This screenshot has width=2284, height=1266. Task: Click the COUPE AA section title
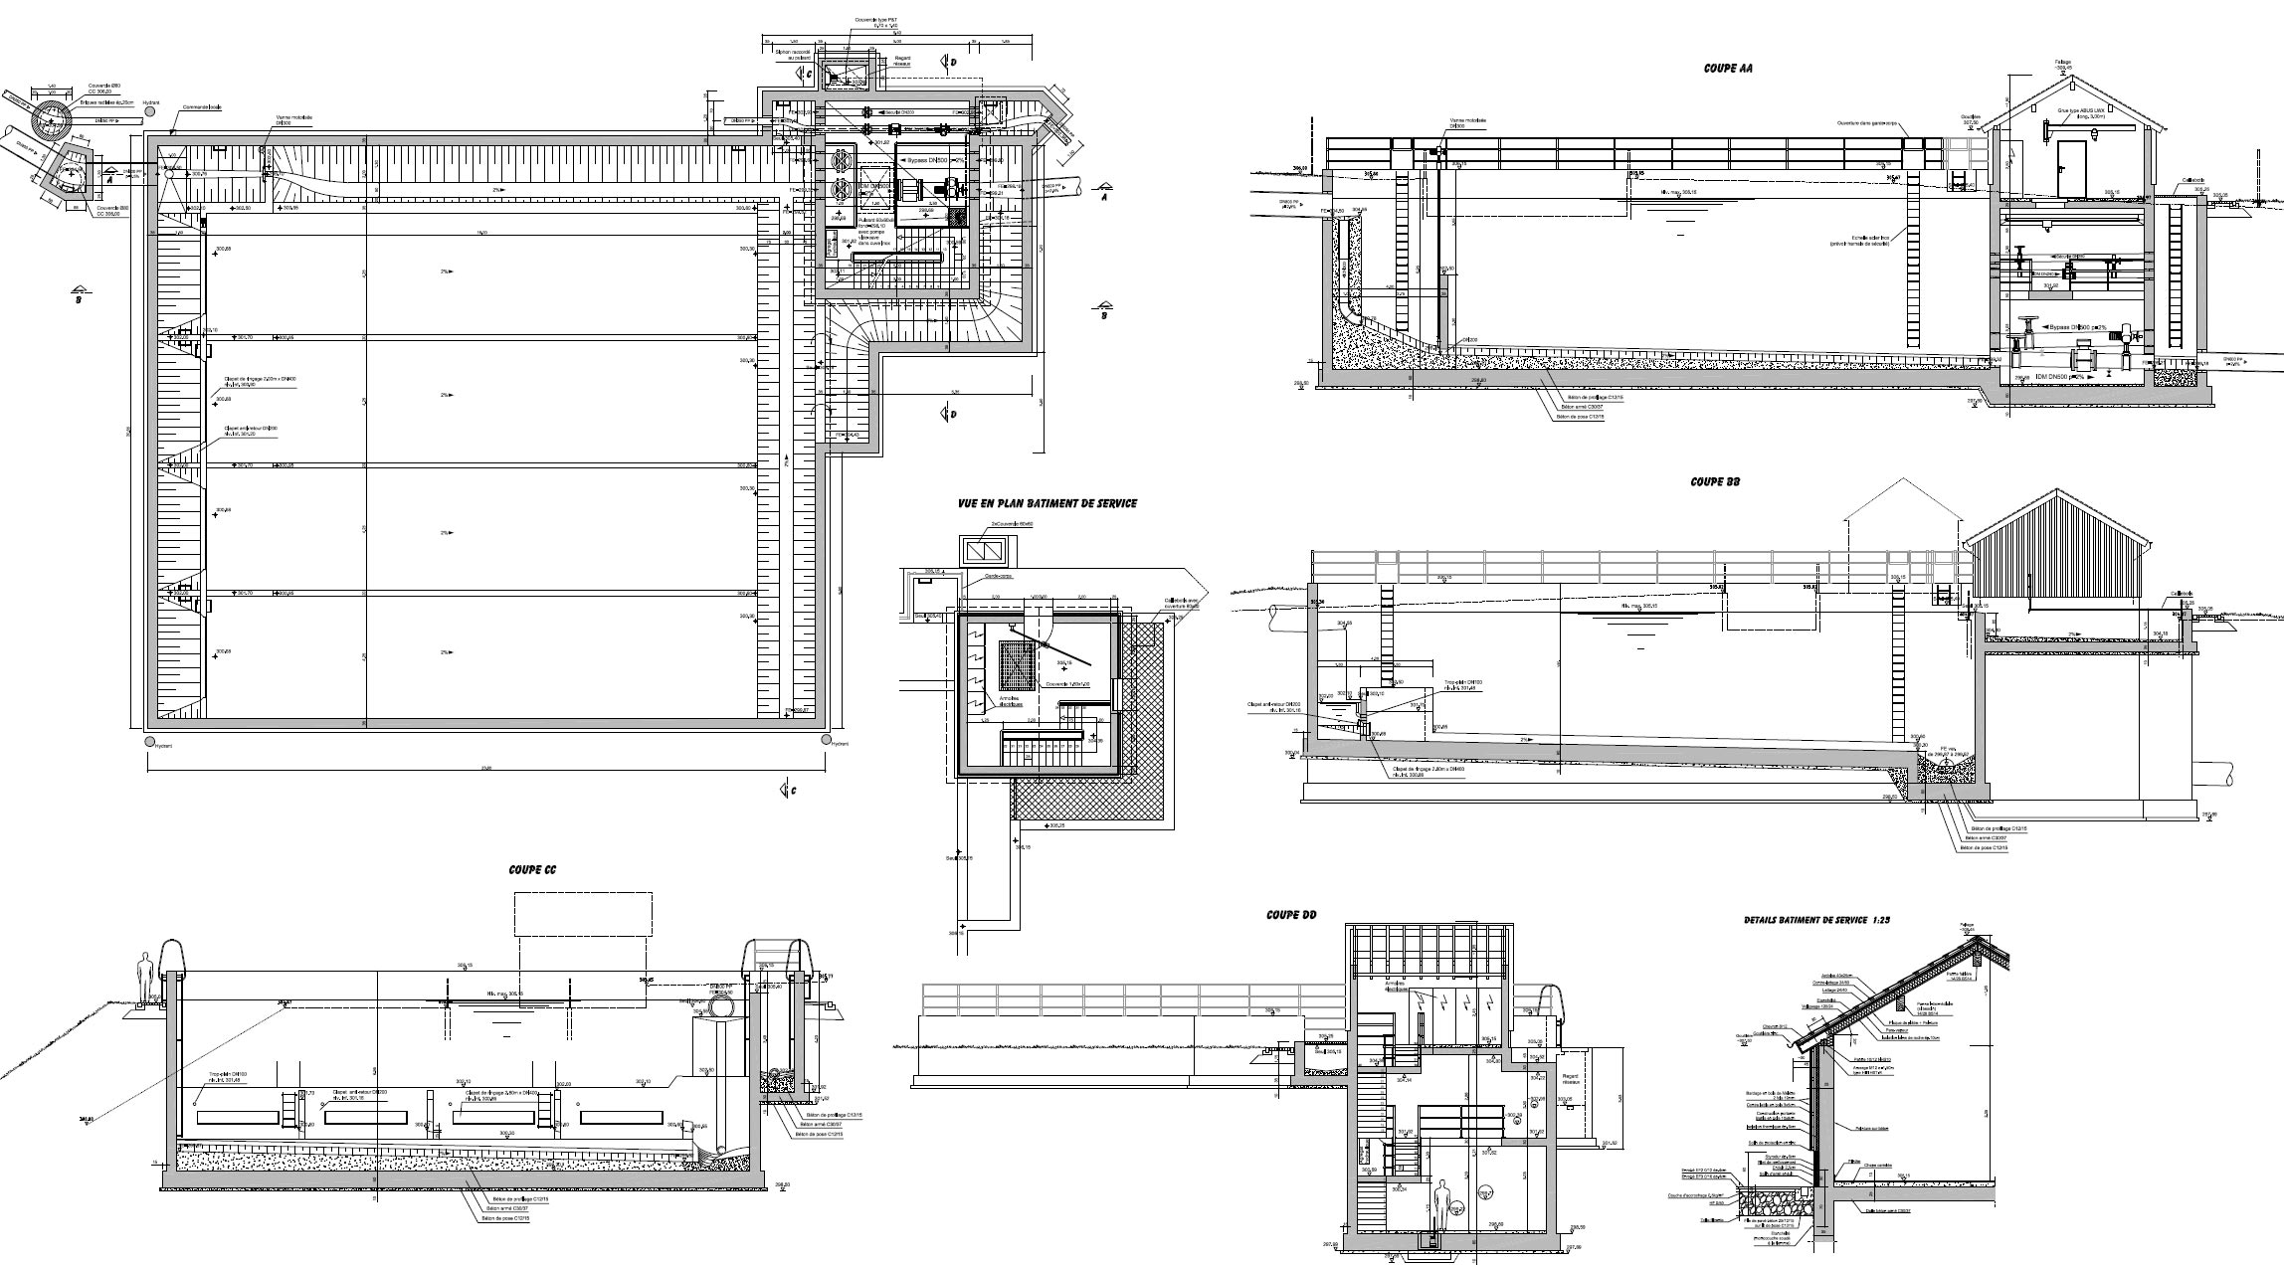(x=1728, y=69)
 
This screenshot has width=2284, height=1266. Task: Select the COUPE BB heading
(x=1715, y=481)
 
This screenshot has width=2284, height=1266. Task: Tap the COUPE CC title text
(x=532, y=870)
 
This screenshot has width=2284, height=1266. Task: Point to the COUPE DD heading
(x=1291, y=914)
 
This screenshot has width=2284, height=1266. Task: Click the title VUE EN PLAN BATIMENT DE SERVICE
(x=1047, y=503)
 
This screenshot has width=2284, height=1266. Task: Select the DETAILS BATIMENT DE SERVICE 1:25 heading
(x=1816, y=921)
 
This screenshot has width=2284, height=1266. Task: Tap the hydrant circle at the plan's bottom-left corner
(x=149, y=741)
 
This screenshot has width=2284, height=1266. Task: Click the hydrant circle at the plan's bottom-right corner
(x=825, y=740)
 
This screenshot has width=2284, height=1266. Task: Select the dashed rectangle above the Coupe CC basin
(x=583, y=913)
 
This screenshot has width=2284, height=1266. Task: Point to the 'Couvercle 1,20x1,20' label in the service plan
(x=1065, y=685)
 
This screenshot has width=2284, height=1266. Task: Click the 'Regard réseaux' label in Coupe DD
(x=1571, y=1091)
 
